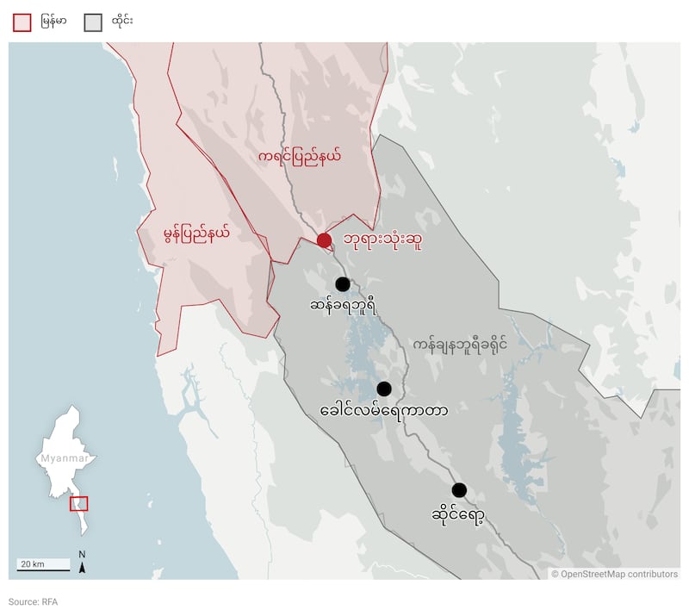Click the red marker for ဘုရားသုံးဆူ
click(324, 240)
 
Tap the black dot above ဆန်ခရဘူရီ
click(343, 283)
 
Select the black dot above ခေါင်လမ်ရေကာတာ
click(384, 389)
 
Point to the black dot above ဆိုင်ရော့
click(459, 490)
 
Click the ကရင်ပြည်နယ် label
click(300, 157)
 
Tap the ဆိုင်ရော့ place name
click(457, 515)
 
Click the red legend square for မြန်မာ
click(22, 22)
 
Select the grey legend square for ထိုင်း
click(93, 22)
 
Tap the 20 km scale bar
click(44, 565)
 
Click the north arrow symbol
click(82, 563)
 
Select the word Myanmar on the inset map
click(65, 458)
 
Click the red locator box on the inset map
click(78, 503)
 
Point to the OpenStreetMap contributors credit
click(614, 574)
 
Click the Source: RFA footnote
click(33, 601)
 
